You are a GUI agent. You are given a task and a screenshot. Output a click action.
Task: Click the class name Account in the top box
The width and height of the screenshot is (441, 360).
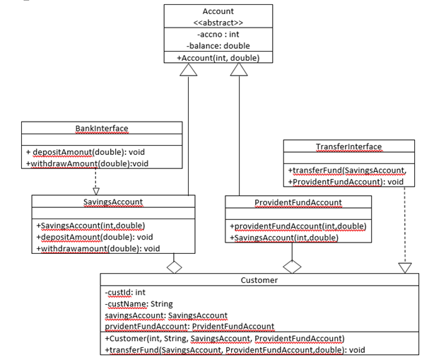coord(218,11)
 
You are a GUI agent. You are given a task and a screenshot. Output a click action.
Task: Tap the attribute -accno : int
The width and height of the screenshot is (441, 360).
coord(218,34)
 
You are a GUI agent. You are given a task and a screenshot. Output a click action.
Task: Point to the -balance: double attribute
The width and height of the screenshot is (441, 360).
coord(218,45)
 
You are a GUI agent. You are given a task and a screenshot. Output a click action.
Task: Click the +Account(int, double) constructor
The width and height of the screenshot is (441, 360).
coord(218,57)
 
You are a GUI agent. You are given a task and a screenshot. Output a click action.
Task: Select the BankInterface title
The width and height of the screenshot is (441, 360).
coord(102,128)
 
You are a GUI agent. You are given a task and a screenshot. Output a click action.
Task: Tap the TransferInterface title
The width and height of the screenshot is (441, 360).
coord(348,146)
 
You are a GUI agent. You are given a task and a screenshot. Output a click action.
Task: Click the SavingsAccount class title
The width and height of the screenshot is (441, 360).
coord(113,202)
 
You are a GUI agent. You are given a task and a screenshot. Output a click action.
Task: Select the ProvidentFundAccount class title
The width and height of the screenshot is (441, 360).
coord(298,202)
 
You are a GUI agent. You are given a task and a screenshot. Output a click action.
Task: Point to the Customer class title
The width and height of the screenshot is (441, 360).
coord(260,280)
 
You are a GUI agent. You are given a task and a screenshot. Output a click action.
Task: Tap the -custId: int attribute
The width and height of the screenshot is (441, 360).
coord(125,292)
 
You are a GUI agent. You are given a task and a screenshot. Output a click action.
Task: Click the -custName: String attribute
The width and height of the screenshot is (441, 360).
coord(139,303)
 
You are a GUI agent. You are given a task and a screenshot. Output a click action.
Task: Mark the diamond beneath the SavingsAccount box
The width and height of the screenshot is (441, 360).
coord(173,266)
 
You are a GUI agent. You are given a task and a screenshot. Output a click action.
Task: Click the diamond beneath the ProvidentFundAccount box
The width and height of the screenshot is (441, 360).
coord(292,266)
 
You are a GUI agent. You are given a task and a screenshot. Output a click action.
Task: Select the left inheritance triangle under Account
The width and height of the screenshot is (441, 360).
coord(188,69)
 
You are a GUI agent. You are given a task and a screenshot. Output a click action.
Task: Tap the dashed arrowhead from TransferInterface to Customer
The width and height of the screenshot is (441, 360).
coord(404,267)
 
